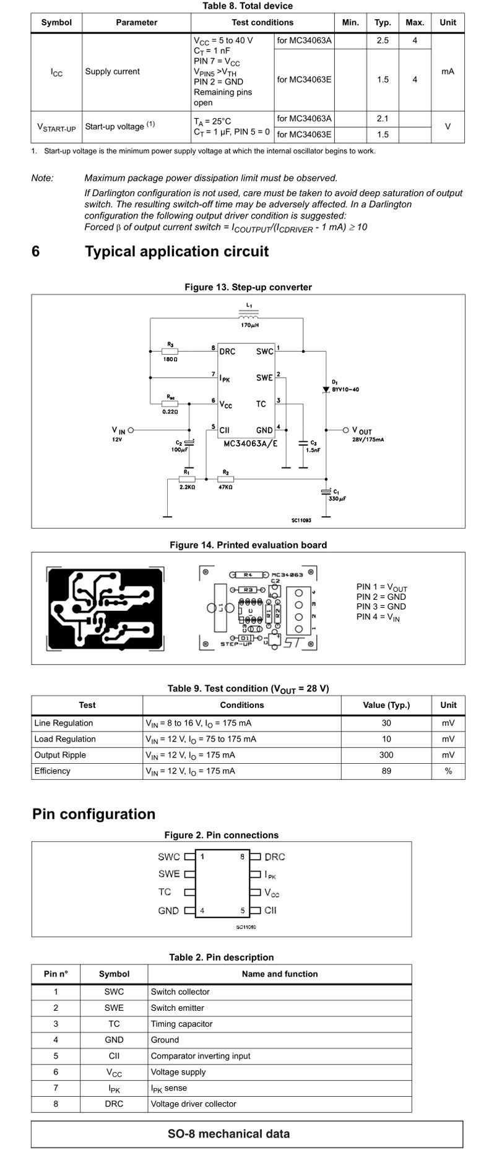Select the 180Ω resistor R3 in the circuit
coord(170,351)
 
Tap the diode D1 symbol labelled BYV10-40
coord(326,389)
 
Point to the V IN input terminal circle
coord(131,430)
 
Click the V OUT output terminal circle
coord(346,430)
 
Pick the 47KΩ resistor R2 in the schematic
coord(225,479)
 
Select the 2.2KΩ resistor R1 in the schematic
coord(187,479)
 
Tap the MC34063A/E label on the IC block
coord(251,444)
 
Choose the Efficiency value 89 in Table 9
coord(386,771)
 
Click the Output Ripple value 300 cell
coord(386,754)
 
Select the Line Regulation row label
coord(64,723)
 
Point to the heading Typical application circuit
coord(176,251)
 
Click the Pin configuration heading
coord(93,814)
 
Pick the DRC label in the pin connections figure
coord(275,857)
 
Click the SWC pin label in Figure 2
coord(168,857)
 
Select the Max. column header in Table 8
coord(415,22)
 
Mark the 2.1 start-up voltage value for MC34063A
coord(383,118)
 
